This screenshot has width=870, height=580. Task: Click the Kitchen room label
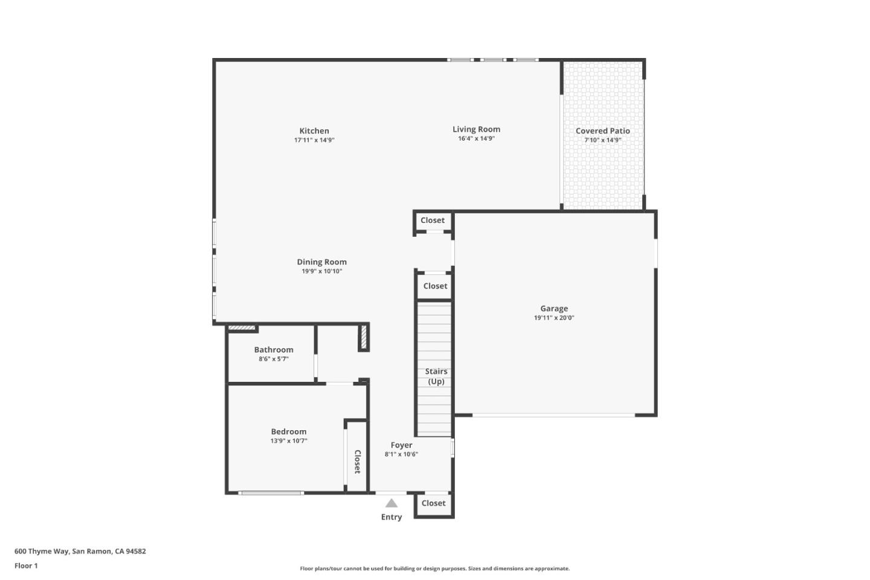point(314,130)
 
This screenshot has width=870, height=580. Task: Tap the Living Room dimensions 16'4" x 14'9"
point(476,138)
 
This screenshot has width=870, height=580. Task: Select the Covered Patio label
point(602,130)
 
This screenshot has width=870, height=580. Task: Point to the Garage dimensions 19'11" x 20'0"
point(553,318)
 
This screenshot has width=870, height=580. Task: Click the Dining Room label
point(321,262)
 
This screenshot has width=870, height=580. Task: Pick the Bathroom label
point(274,349)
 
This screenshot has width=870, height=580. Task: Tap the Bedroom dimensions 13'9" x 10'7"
point(289,441)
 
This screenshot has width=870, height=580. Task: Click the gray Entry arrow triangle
point(391,503)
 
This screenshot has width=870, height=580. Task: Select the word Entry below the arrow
point(391,517)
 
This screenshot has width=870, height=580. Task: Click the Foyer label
point(401,445)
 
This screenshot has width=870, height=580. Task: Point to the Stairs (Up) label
point(436,376)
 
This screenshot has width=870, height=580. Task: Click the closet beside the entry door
point(434,503)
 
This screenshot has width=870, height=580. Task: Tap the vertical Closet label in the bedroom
point(357,462)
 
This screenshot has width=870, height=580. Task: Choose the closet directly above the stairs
point(435,286)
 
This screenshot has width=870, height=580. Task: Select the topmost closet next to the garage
point(433,221)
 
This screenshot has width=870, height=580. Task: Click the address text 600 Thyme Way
point(80,551)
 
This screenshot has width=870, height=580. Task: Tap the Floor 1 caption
point(26,565)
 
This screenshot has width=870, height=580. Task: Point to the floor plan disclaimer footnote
point(434,569)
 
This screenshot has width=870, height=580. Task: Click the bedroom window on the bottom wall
point(271,493)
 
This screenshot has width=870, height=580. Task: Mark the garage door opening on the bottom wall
point(553,415)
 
